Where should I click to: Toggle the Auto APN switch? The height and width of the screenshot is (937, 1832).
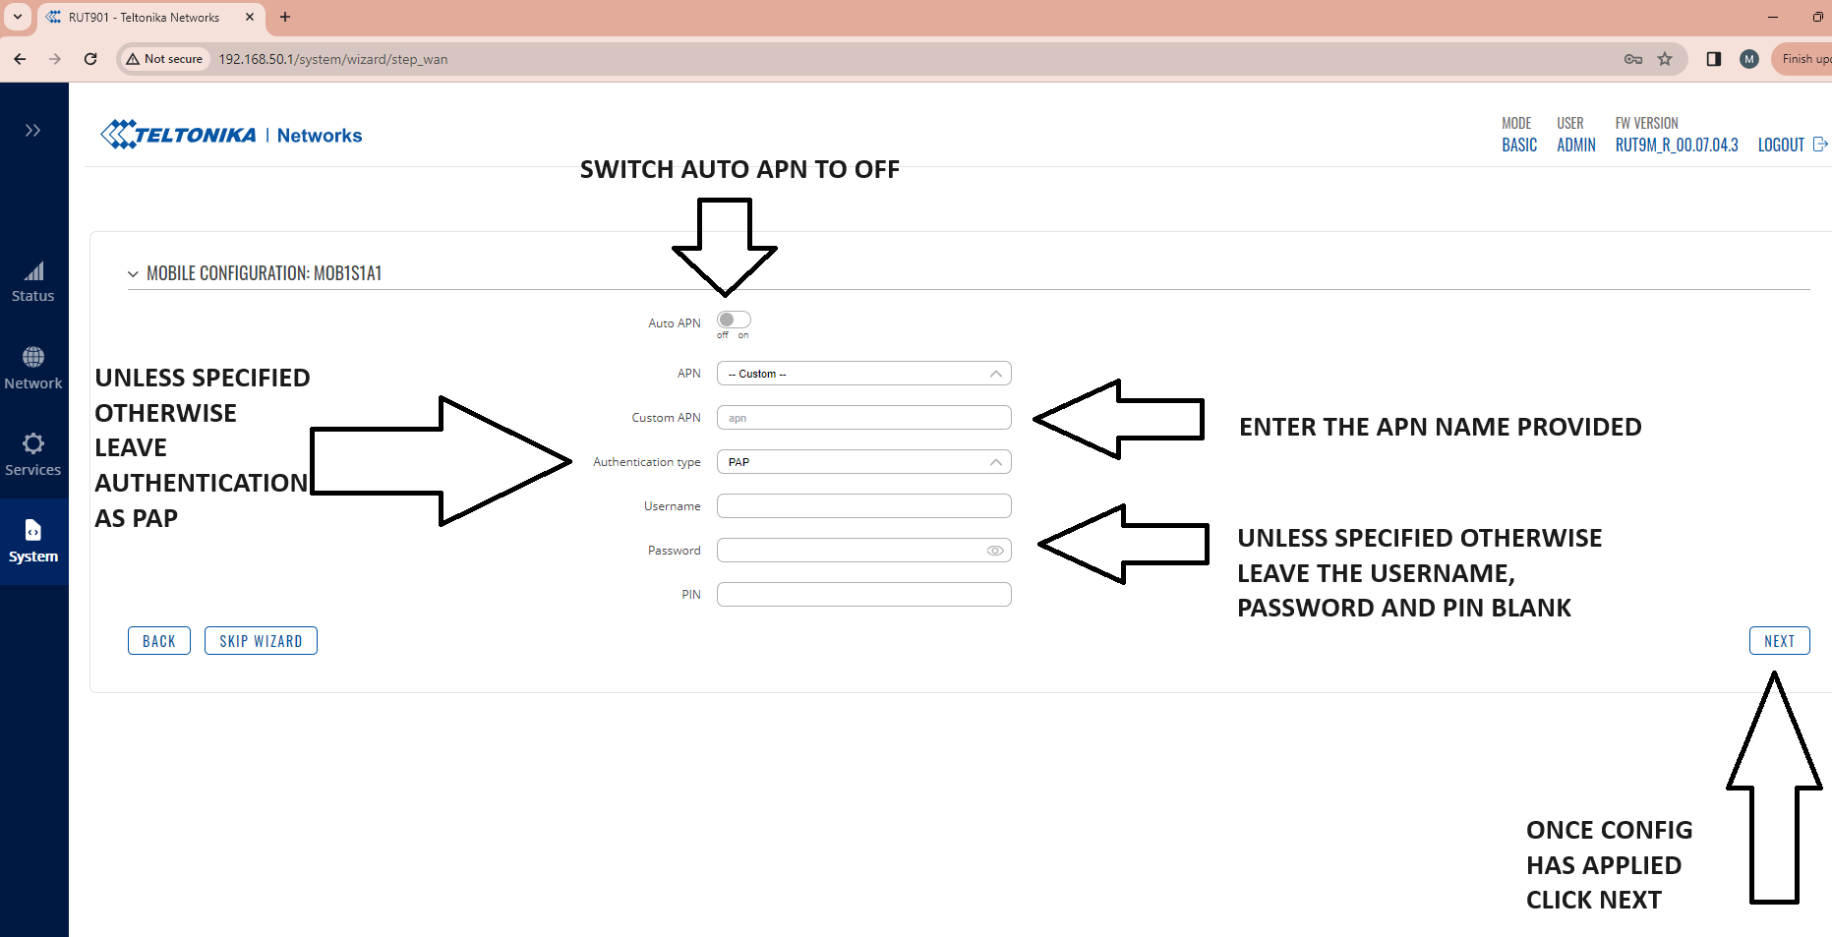coord(734,320)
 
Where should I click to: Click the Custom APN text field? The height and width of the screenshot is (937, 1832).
coord(863,418)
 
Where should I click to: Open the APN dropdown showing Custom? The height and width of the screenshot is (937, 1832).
coord(863,374)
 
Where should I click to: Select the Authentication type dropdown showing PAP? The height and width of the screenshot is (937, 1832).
coord(863,462)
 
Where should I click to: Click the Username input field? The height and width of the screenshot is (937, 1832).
coord(863,506)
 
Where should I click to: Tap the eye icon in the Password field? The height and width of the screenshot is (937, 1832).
coord(995,551)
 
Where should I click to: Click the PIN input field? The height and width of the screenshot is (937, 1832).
coord(863,595)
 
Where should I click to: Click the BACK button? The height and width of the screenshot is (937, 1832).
coord(159,641)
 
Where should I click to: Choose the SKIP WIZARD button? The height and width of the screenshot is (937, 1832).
coord(261,641)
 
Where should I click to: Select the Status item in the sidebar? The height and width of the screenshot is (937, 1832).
coord(33,282)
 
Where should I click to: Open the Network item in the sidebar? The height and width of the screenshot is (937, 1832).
coord(33,369)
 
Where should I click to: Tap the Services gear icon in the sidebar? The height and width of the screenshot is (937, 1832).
coord(33,443)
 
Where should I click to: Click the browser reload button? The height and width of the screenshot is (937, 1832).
coord(90,59)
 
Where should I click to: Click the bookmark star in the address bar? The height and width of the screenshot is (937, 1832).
coord(1665,59)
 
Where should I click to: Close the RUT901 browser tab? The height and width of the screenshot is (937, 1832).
coord(250,17)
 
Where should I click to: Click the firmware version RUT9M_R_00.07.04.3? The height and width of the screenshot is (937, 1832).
coord(1677,145)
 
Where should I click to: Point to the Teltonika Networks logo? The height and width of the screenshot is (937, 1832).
coord(231,135)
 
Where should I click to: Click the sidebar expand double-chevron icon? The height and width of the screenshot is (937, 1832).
coord(33,130)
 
